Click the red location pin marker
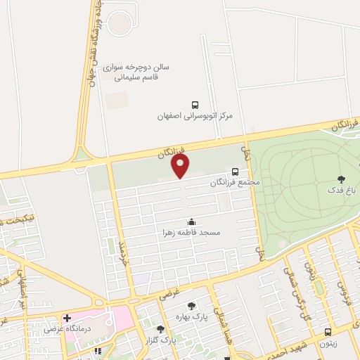181,167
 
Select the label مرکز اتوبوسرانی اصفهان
195,114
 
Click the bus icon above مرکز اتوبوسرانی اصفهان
195,103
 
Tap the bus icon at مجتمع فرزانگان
235,171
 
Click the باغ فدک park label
342,190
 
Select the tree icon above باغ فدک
342,179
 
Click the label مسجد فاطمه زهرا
192,231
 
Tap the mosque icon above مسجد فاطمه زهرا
192,221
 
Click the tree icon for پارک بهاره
191,305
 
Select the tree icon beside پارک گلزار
160,328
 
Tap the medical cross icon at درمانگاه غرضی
67,318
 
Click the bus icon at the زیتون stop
328,332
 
